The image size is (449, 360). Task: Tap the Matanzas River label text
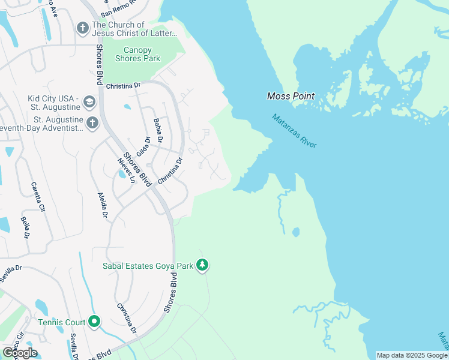tap(294, 131)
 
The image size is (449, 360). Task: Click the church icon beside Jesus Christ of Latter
tap(83, 28)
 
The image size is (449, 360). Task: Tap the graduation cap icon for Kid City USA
tap(89, 101)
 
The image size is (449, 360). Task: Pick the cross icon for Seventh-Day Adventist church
tap(92, 123)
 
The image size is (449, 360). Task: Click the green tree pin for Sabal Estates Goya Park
tap(203, 265)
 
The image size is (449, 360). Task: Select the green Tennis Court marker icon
tap(94, 322)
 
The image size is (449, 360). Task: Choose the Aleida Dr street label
tap(103, 205)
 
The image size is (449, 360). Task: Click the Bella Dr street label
tap(26, 227)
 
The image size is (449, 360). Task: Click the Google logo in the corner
tap(20, 352)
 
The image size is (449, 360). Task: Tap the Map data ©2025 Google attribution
tap(412, 355)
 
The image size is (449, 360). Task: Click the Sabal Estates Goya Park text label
tap(148, 265)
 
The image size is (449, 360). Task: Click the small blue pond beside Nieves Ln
tap(122, 175)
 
